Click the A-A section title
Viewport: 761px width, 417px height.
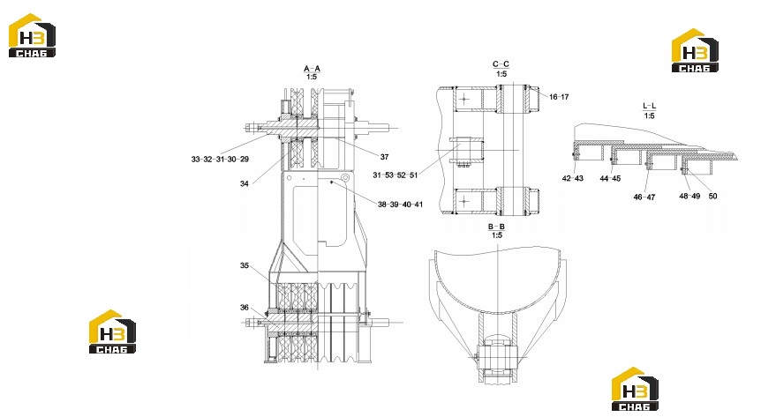point(312,69)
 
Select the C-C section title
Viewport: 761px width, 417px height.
point(501,64)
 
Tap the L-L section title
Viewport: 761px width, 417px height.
point(650,106)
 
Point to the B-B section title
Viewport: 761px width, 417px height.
point(496,227)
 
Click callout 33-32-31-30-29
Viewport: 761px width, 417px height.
point(220,159)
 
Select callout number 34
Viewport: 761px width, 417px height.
point(245,183)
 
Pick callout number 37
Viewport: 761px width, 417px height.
point(384,157)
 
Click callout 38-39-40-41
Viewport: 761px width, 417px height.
point(401,205)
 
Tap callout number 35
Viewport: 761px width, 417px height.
point(245,265)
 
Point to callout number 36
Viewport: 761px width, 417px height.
point(245,307)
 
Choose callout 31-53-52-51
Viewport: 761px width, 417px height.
point(395,175)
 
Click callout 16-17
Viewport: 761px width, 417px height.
point(559,96)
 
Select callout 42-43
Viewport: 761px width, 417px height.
point(573,178)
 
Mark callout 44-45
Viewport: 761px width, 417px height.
point(610,178)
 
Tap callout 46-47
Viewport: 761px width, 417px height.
point(644,197)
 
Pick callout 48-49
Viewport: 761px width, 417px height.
point(689,196)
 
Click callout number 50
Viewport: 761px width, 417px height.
point(712,196)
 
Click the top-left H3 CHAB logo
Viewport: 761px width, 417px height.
point(32,35)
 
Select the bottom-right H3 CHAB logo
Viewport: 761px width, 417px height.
point(635,389)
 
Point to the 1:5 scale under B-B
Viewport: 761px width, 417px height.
point(496,235)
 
